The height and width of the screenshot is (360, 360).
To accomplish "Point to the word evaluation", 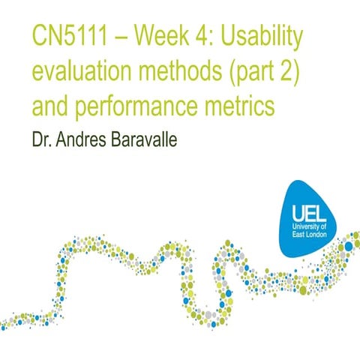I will [x=85, y=73].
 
